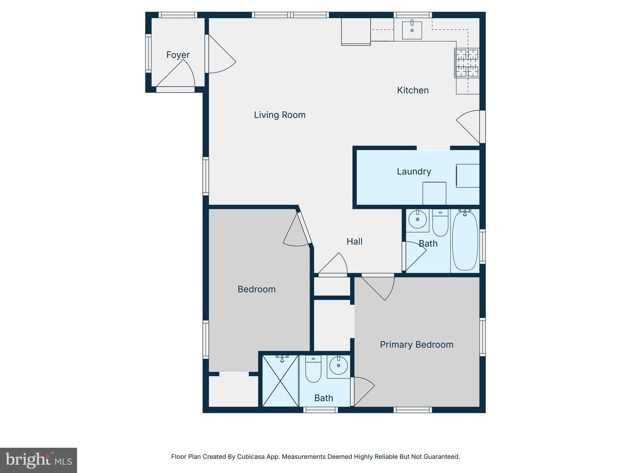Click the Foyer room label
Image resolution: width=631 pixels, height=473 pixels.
point(178,55)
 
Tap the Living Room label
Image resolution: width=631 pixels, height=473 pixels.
point(280,115)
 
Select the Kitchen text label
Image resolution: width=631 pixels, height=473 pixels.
point(413,90)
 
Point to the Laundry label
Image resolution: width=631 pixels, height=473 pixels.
point(414,171)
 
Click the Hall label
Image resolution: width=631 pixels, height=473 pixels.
point(354,241)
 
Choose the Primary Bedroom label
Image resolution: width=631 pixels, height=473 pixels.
point(417,344)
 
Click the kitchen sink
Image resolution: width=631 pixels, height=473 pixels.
point(412,29)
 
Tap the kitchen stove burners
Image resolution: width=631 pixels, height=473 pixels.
point(467,63)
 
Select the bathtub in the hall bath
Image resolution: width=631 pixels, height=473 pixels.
point(465,240)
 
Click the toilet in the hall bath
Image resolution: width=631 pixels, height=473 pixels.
point(440,222)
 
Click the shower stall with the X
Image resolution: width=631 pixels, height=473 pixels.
point(280,381)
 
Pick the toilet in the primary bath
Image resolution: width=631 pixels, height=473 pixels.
point(313,369)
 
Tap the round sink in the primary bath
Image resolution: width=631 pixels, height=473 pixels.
point(338,366)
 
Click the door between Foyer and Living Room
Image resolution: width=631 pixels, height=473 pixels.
point(220,54)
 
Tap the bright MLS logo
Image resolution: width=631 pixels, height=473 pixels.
point(39,460)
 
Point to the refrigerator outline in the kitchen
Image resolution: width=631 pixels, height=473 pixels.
point(356,32)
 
